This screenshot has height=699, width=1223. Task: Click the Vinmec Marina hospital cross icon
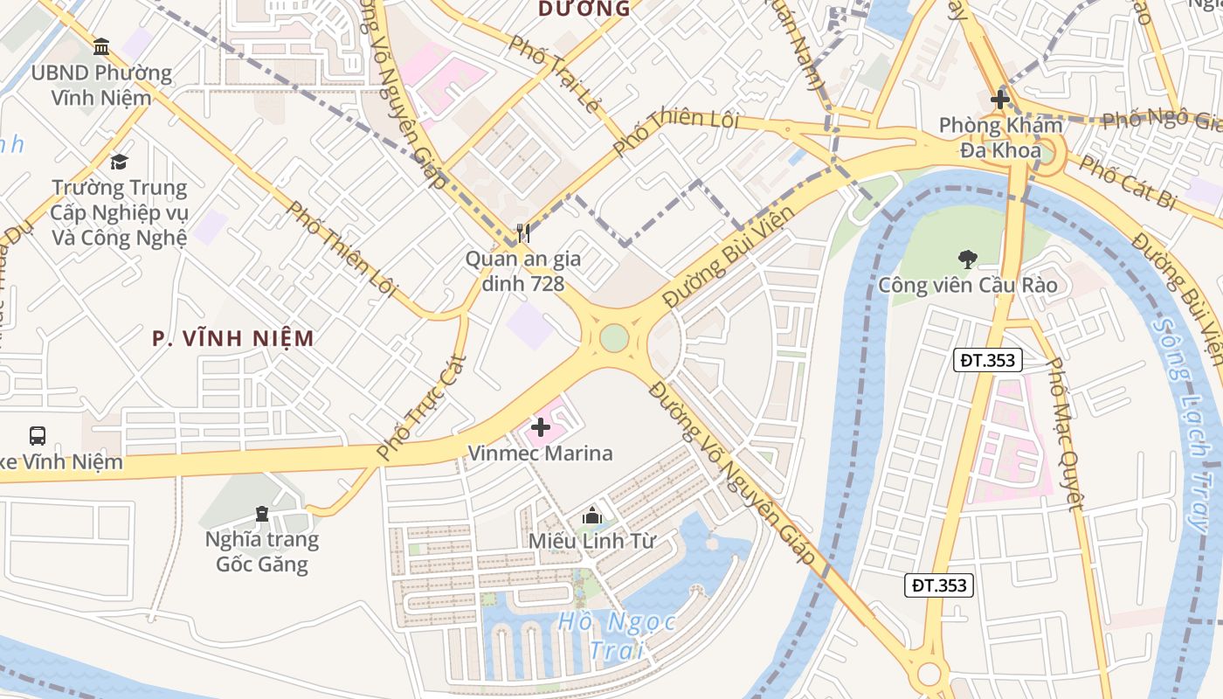(541, 427)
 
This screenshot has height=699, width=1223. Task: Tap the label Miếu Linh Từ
(591, 541)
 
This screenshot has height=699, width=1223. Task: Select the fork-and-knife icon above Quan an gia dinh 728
(522, 232)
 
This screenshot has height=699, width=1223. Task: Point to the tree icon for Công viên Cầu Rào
(967, 259)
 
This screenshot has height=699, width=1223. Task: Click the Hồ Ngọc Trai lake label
(618, 635)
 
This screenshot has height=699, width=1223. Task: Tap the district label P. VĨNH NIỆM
(232, 338)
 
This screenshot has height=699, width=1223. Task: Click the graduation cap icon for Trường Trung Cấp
(119, 162)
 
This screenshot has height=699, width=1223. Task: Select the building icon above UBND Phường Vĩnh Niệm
(101, 46)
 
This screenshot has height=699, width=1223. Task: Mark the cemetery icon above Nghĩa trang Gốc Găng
(261, 513)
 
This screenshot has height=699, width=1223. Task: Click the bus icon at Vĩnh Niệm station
(38, 435)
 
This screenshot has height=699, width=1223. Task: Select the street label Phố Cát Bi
(1127, 182)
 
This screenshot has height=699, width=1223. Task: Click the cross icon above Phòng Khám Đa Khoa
(1000, 100)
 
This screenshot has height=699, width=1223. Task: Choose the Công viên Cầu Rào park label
(967, 286)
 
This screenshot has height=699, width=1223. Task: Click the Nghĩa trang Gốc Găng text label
(261, 551)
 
